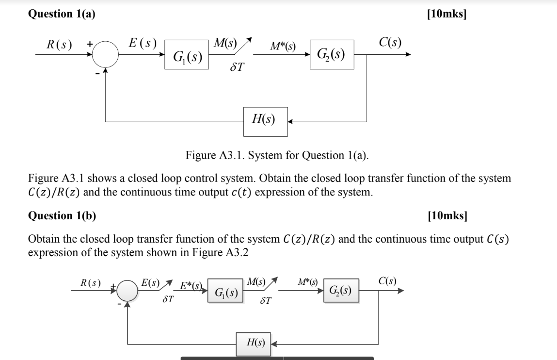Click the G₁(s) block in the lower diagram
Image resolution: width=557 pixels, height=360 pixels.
click(x=225, y=293)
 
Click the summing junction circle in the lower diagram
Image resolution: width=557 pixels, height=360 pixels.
click(x=127, y=292)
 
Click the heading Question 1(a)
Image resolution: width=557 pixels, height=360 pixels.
click(x=62, y=15)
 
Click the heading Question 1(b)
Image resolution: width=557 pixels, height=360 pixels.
click(x=62, y=216)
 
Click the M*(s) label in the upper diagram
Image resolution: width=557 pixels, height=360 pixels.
click(x=284, y=47)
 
